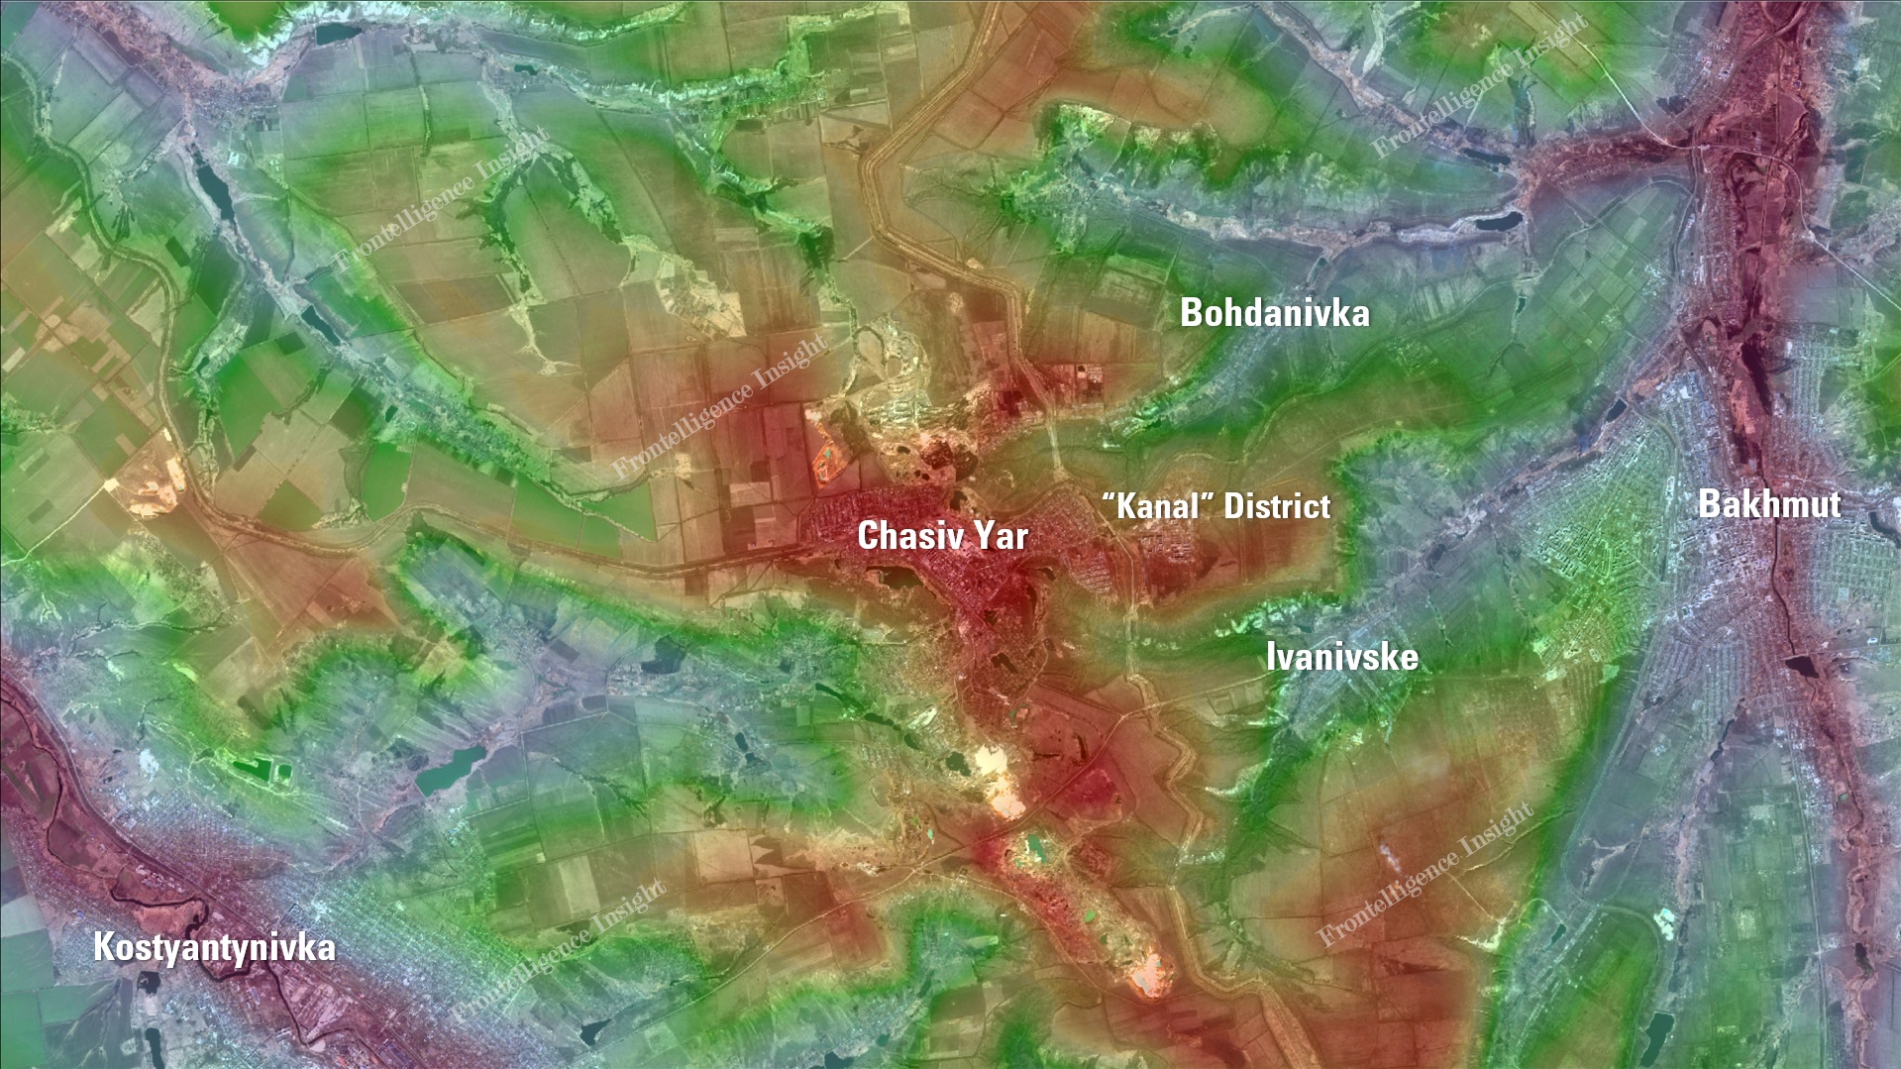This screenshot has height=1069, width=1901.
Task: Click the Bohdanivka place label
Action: [1274, 313]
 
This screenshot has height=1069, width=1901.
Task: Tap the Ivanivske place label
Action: [1341, 657]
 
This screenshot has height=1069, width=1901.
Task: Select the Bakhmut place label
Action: [1769, 504]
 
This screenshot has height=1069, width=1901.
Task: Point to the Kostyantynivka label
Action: [214, 947]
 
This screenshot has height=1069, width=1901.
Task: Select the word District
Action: [1277, 506]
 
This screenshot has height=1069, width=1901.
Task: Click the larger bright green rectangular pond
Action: [257, 768]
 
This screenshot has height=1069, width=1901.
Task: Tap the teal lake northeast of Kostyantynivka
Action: [450, 768]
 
